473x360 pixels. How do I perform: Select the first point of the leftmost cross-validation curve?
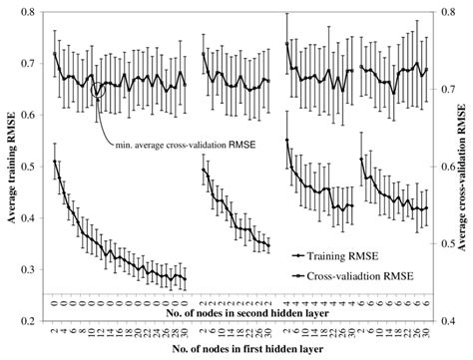(x=54, y=54)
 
